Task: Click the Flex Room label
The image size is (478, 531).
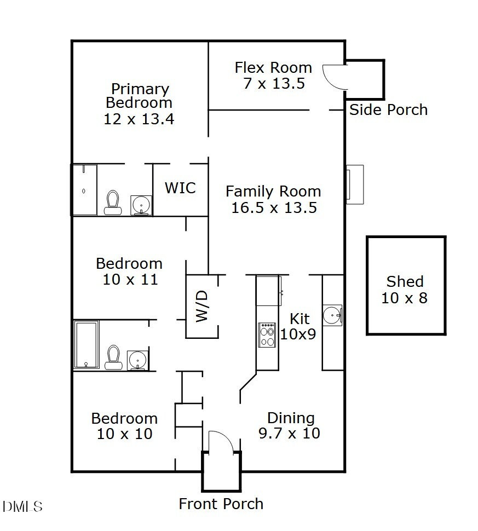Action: [x=273, y=68]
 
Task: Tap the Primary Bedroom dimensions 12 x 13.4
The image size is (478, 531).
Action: [x=139, y=119]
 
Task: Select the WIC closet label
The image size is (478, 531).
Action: [x=180, y=188]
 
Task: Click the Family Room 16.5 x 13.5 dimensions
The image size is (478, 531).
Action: [x=274, y=208]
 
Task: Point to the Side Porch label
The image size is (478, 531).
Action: [x=388, y=110]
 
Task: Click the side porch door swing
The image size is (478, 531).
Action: [x=334, y=77]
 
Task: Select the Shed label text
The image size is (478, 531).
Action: [x=405, y=282]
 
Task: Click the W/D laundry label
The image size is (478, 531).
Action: [x=201, y=307]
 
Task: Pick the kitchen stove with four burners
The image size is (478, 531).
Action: [x=267, y=335]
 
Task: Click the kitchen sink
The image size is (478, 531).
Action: [x=332, y=315]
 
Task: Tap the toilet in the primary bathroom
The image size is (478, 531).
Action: [x=113, y=202]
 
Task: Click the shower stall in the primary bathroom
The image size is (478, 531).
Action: [x=84, y=189]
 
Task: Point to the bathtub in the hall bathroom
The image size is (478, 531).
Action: [x=87, y=344]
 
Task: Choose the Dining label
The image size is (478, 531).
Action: [x=290, y=418]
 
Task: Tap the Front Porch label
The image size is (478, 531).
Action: [x=221, y=504]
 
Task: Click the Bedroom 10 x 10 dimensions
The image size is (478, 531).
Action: [x=124, y=434]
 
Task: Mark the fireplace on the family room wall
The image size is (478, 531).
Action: [x=353, y=184]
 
